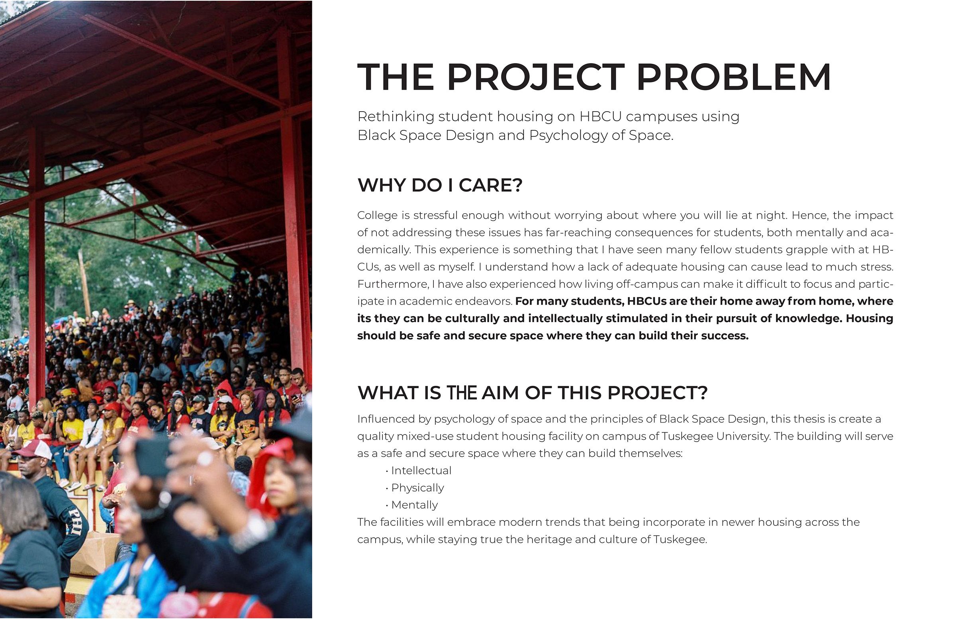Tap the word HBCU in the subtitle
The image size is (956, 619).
pos(600,116)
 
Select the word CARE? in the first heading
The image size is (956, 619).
pos(490,185)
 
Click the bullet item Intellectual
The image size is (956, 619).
pos(421,471)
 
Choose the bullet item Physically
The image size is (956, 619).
pos(418,488)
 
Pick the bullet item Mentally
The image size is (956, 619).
pos(415,505)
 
